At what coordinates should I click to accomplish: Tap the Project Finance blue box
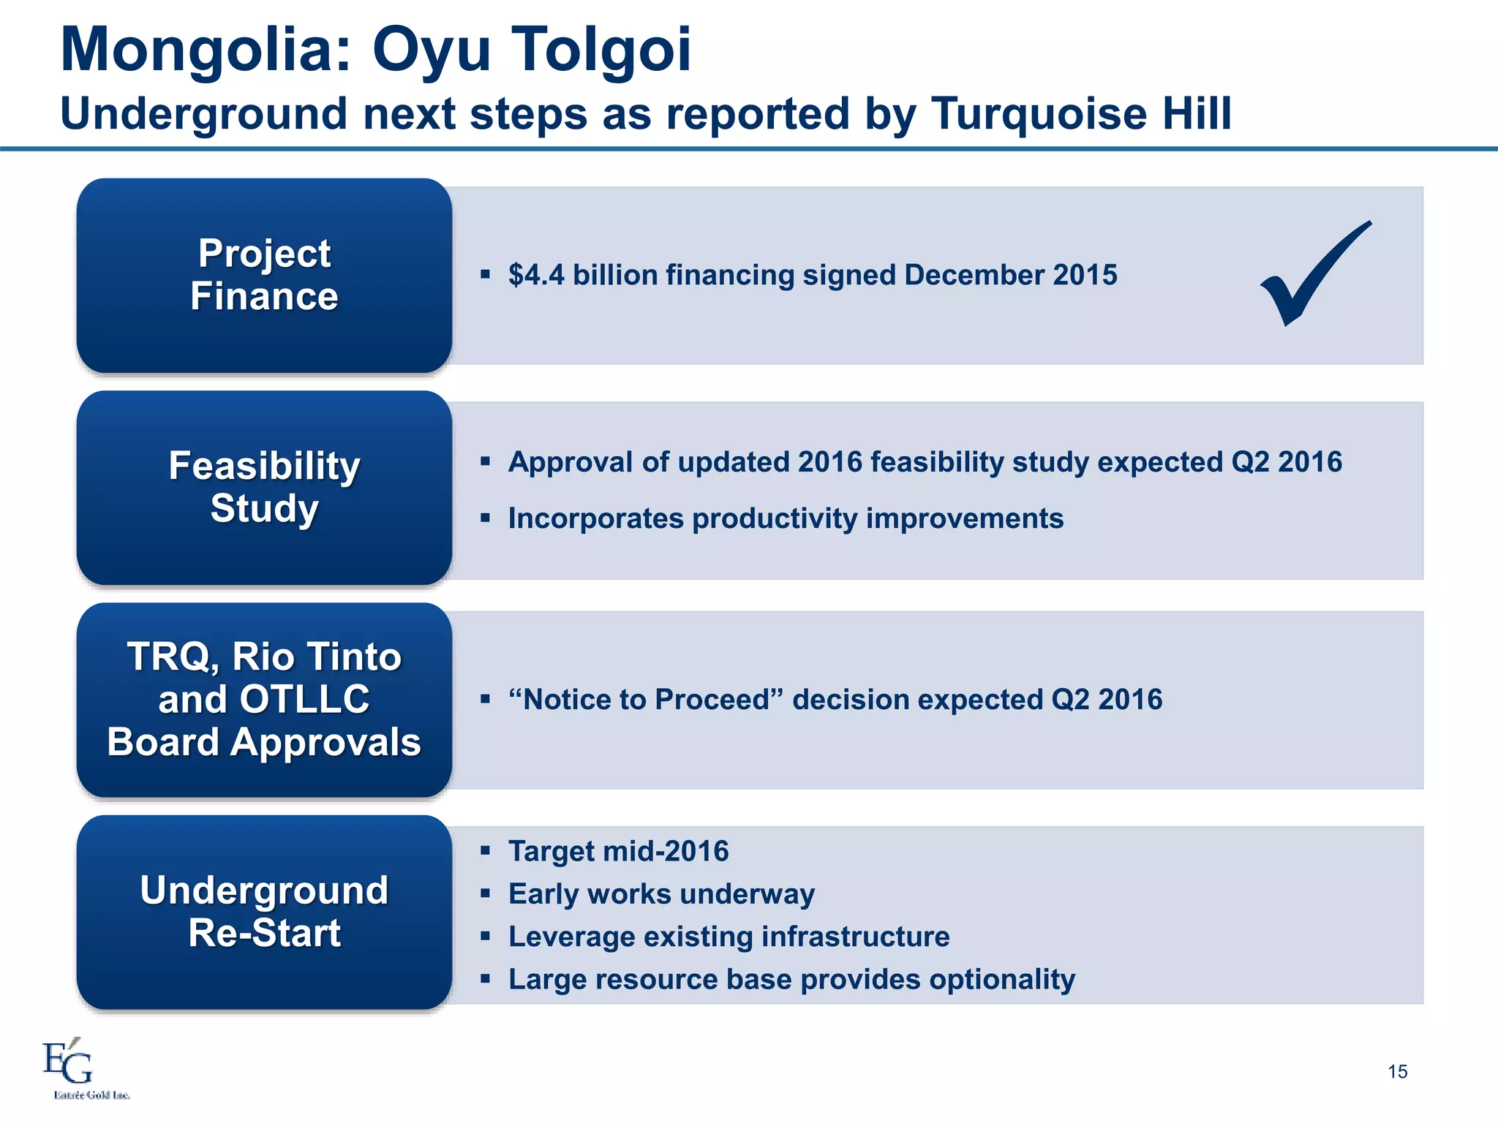(x=264, y=275)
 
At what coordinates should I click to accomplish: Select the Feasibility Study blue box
(x=264, y=487)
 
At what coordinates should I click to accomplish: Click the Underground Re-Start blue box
(x=264, y=912)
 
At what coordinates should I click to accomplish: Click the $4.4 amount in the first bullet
(x=536, y=275)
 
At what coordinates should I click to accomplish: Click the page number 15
(x=1397, y=1072)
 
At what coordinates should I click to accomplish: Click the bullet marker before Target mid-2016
(x=485, y=850)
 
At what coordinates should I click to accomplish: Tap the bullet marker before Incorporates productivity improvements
(x=485, y=518)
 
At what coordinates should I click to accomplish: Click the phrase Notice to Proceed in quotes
(x=647, y=700)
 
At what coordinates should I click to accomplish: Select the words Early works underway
(x=661, y=894)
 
